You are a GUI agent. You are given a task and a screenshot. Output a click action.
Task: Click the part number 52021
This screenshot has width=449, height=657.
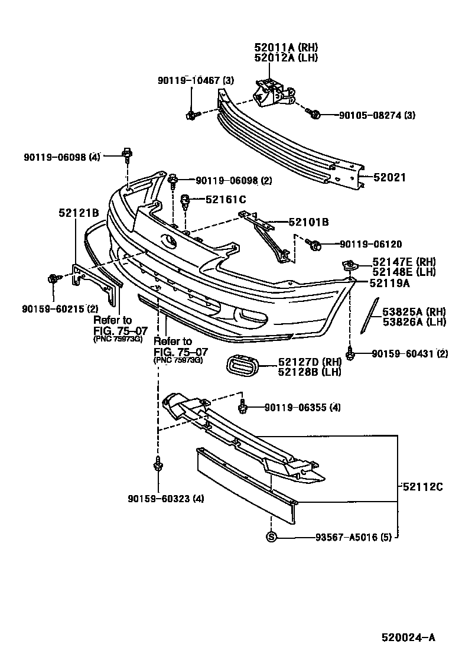coord(390,177)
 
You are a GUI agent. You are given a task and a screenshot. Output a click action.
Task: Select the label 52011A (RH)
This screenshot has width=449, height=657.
coord(286,47)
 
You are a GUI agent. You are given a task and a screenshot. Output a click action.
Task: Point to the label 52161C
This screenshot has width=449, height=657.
coord(226,200)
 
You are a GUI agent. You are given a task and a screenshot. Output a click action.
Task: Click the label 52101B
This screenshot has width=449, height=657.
coord(308,222)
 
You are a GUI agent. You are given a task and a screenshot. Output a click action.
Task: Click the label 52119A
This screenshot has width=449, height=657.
coord(390,283)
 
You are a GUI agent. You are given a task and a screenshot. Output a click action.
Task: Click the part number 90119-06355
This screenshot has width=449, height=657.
coord(295,407)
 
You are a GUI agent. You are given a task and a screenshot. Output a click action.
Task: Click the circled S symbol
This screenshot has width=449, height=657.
coord(271,537)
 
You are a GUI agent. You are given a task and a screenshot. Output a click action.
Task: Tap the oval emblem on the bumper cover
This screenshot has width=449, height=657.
coord(168,242)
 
